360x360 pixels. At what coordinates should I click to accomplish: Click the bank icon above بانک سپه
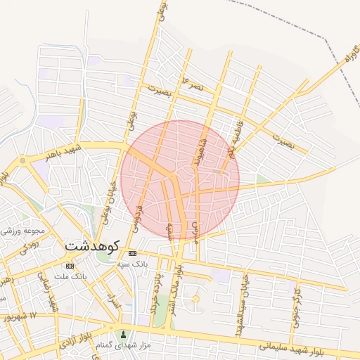[132, 253]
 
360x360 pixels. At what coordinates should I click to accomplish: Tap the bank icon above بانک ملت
[70, 266]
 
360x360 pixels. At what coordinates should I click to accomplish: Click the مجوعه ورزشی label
[24, 229]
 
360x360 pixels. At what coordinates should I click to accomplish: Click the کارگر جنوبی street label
[296, 303]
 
